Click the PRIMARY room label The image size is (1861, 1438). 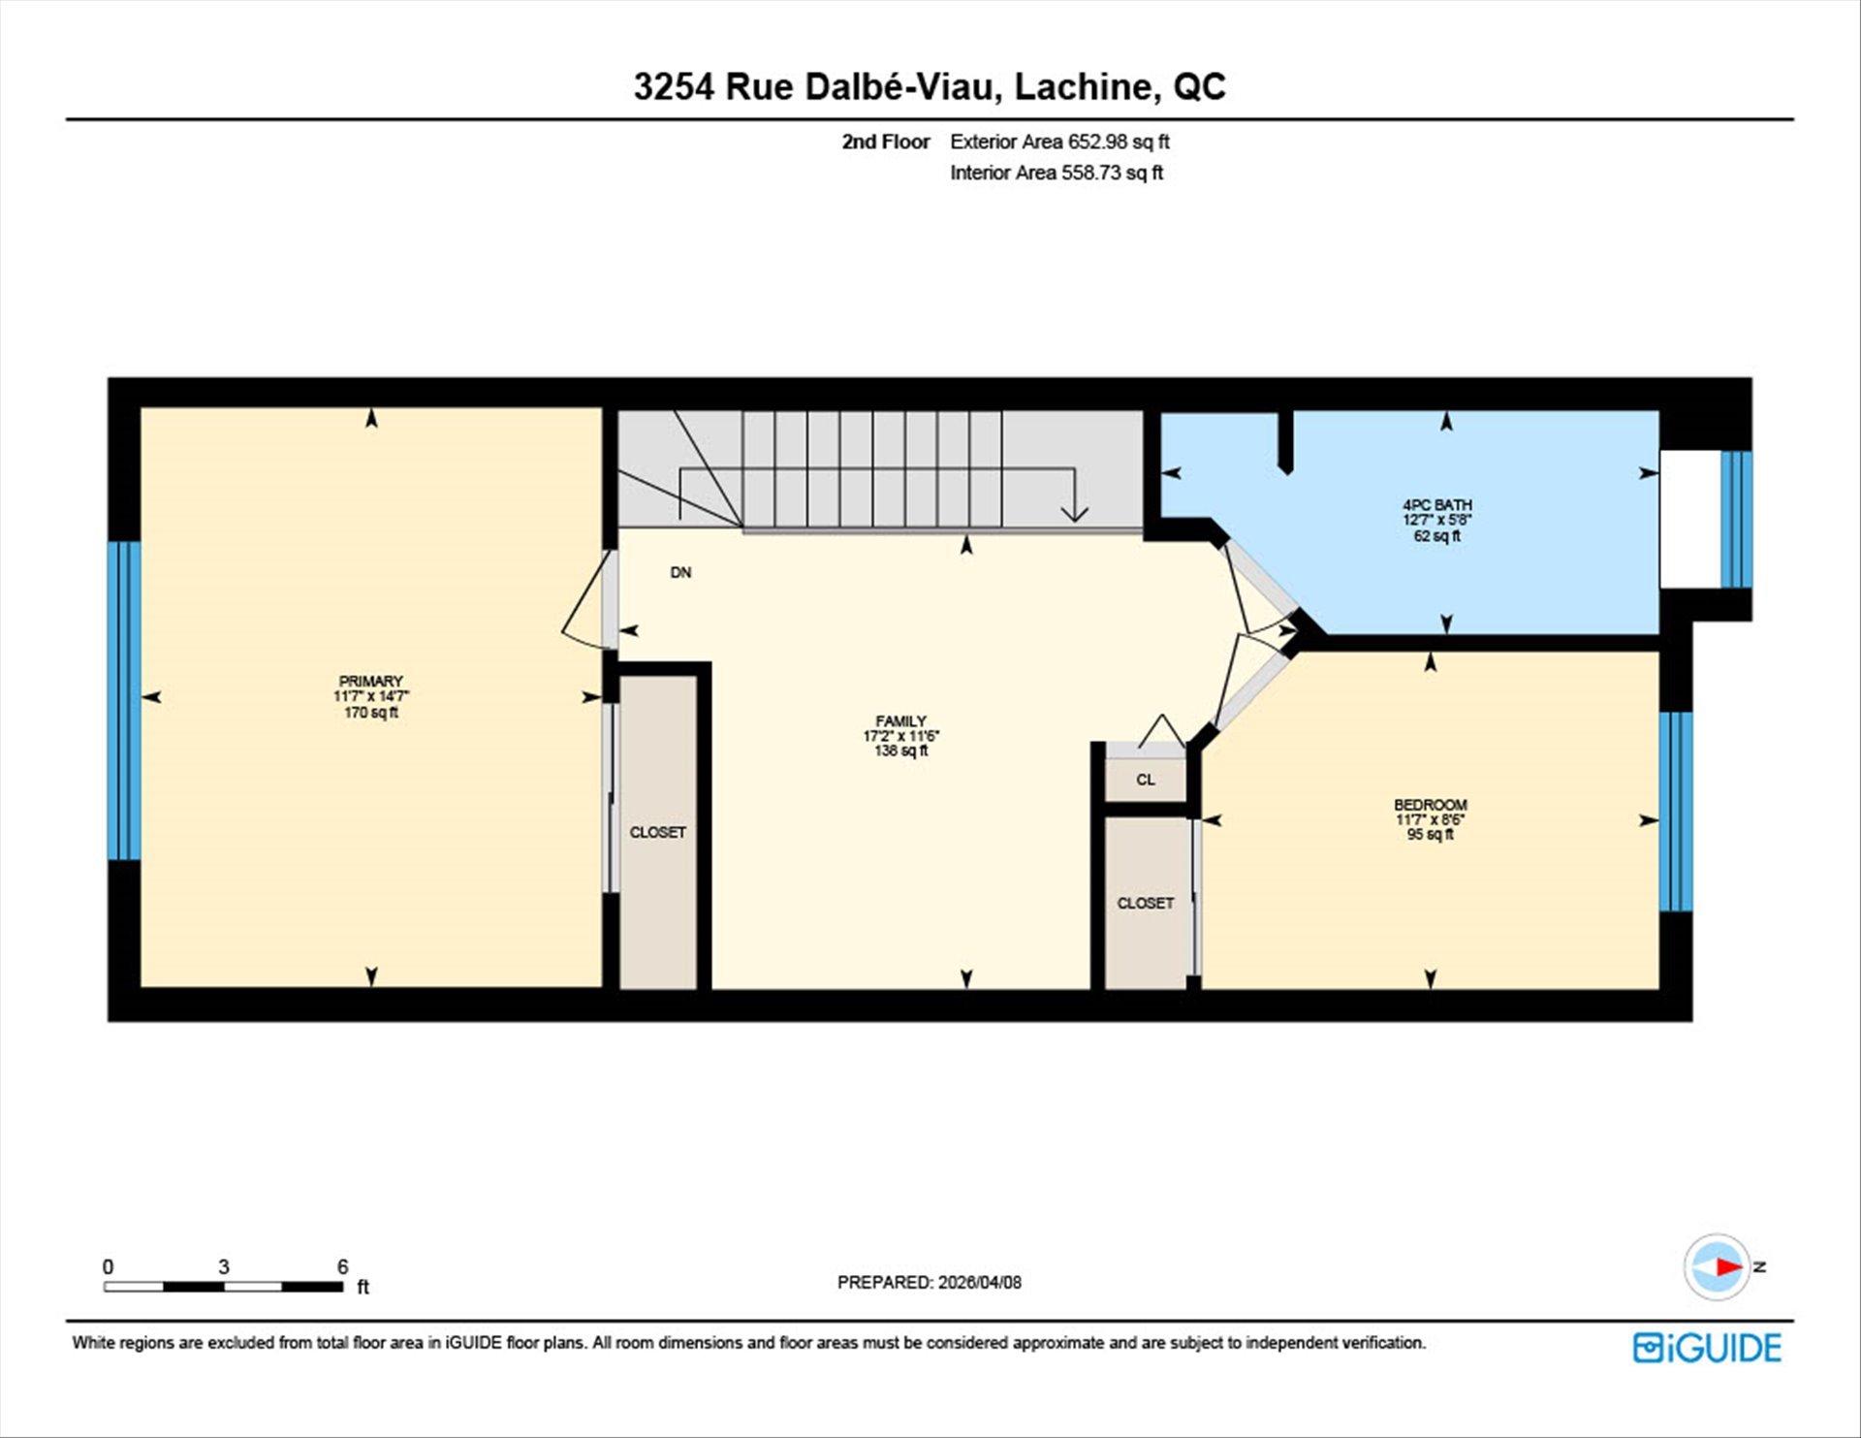370,682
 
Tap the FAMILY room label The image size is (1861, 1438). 900,721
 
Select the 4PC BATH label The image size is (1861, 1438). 1436,505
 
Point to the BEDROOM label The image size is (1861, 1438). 1430,805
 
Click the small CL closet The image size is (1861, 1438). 1146,780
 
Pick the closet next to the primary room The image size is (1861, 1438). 658,832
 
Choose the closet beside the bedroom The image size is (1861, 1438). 1146,903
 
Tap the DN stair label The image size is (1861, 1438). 681,573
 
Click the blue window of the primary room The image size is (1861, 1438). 124,700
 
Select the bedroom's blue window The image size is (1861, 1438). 1676,812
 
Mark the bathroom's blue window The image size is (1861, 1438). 1736,520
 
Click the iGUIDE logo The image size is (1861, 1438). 1707,1348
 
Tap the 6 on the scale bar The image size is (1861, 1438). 342,1266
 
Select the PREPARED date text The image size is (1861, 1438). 929,1282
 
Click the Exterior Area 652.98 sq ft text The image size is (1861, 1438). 1059,142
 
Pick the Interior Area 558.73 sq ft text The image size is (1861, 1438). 1057,173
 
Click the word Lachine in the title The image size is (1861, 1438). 1087,86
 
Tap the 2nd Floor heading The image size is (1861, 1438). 885,142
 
